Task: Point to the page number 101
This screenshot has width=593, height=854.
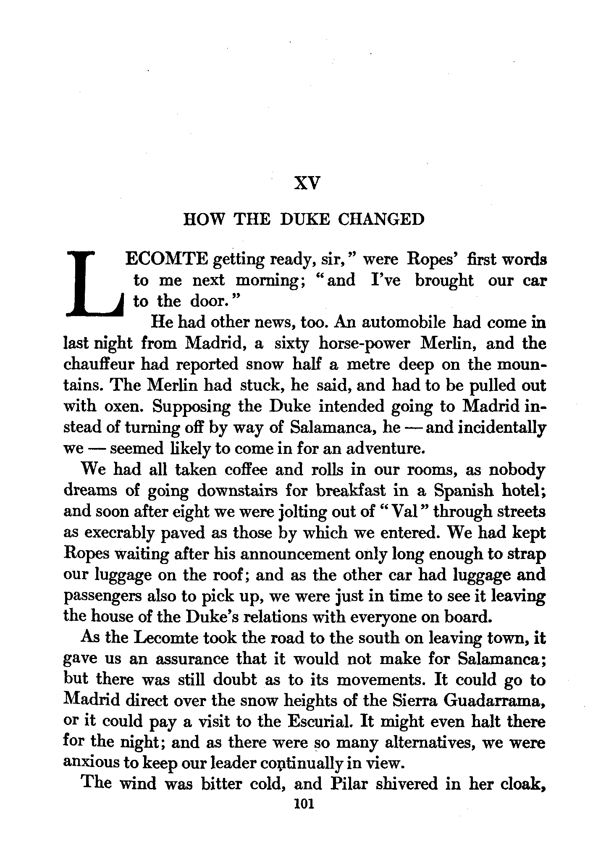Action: (x=305, y=803)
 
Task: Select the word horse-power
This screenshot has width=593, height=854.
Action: (x=364, y=343)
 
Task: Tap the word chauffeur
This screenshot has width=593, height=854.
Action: (x=99, y=364)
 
